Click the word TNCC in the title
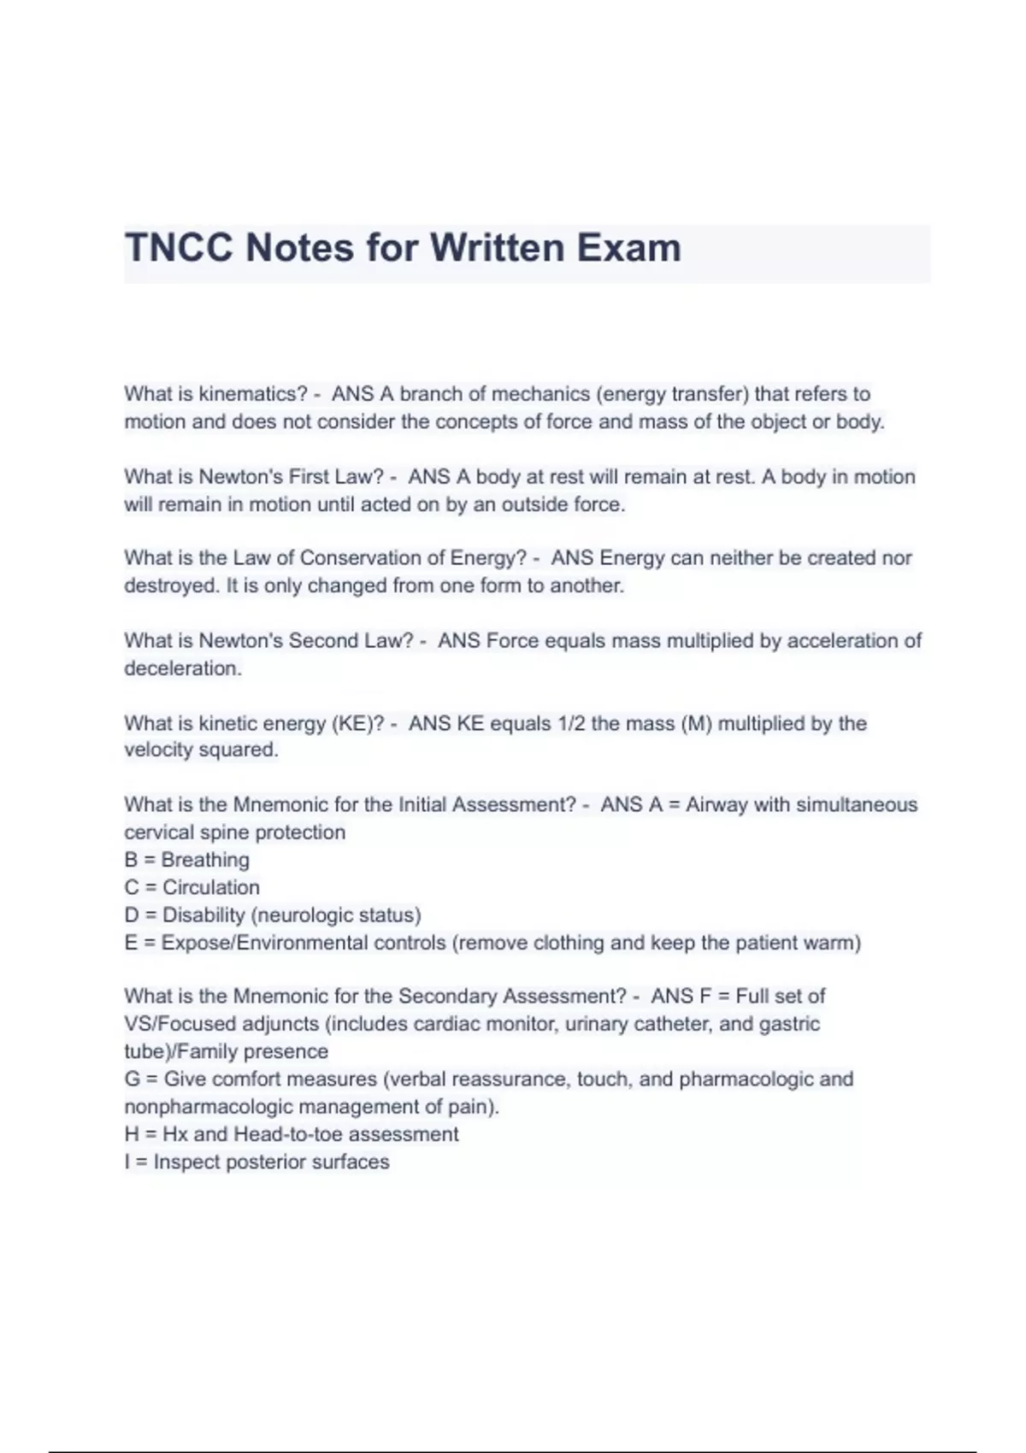pyautogui.click(x=178, y=248)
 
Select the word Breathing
pyautogui.click(x=205, y=860)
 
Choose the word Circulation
pyautogui.click(x=211, y=887)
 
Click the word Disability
pyautogui.click(x=203, y=915)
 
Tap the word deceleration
pyautogui.click(x=181, y=668)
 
